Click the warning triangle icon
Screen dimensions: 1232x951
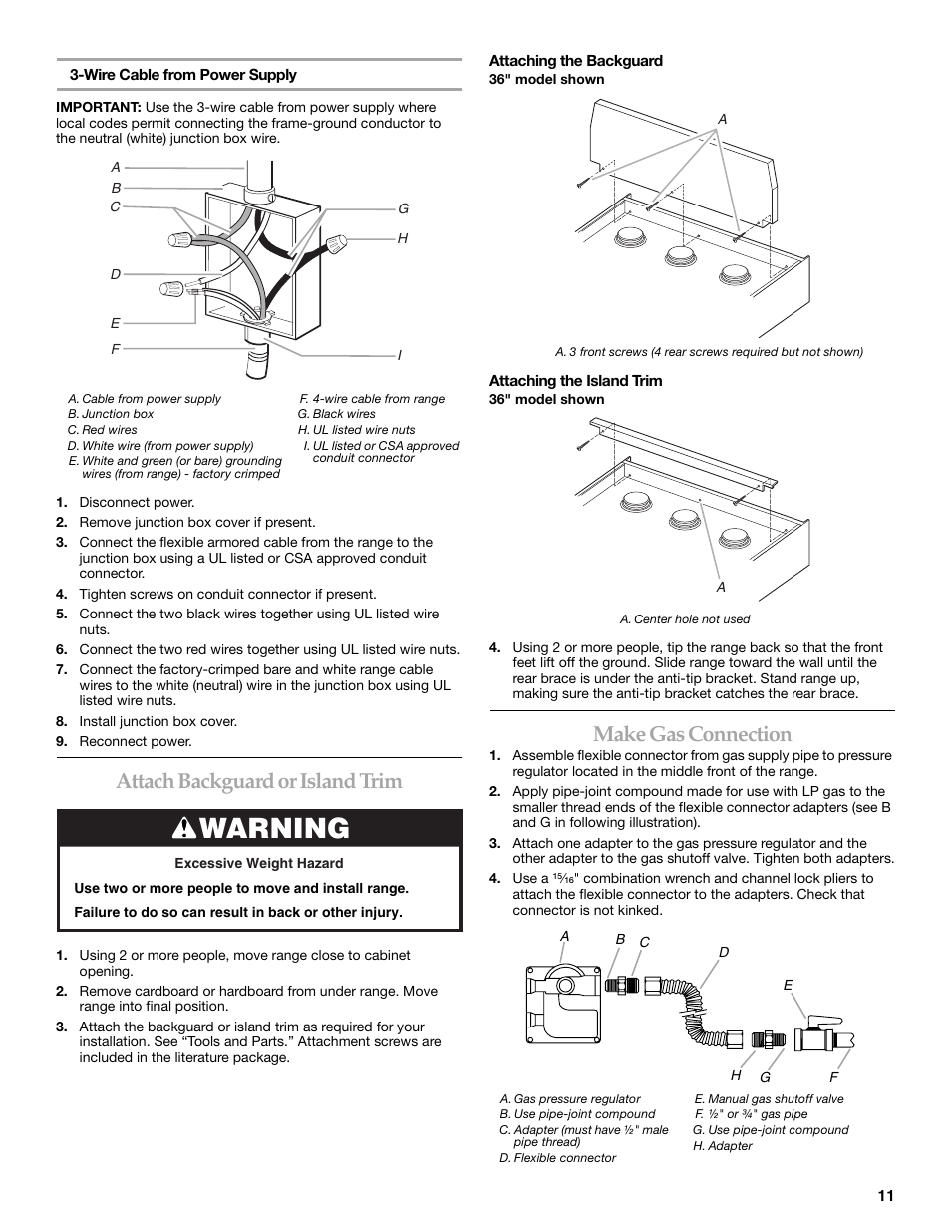tap(185, 828)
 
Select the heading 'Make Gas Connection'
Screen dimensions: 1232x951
tap(692, 734)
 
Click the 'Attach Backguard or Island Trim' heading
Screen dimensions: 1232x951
tap(259, 781)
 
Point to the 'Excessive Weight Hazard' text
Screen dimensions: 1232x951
tap(259, 864)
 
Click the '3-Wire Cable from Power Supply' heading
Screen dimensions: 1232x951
tap(183, 75)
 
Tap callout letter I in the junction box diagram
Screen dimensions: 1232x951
tap(400, 356)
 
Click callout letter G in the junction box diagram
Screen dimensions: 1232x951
tap(404, 209)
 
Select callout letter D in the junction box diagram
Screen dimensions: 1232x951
tap(116, 274)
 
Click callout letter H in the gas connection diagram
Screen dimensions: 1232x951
tap(736, 1075)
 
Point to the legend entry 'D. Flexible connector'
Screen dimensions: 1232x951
tap(558, 1158)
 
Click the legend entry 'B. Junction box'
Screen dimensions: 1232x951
tap(111, 414)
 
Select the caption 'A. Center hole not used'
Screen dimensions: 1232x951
tap(685, 619)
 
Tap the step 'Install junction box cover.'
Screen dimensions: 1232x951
tap(158, 721)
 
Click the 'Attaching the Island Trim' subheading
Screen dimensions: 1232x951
tap(575, 381)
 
